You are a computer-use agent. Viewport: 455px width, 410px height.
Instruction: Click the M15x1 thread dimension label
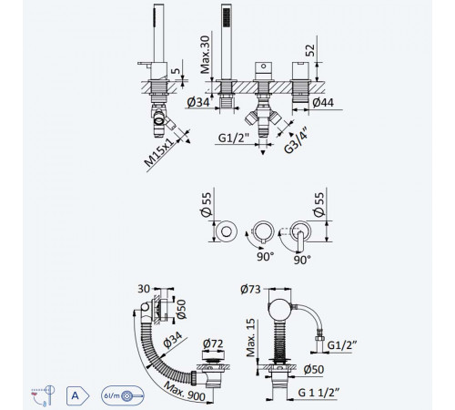pyautogui.click(x=159, y=152)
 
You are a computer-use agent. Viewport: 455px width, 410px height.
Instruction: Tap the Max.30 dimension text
pyautogui.click(x=205, y=55)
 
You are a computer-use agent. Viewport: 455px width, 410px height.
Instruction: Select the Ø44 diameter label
pyautogui.click(x=323, y=102)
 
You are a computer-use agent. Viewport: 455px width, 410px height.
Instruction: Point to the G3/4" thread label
pyautogui.click(x=296, y=141)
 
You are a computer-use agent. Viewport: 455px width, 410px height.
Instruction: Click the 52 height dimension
pyautogui.click(x=310, y=50)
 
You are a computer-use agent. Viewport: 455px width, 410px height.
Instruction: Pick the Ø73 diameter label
pyautogui.click(x=250, y=289)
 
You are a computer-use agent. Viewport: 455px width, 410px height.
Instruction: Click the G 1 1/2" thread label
pyautogui.click(x=318, y=393)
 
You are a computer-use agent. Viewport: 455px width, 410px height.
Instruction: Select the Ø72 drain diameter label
pyautogui.click(x=213, y=343)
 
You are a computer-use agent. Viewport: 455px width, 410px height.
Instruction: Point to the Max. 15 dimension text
pyautogui.click(x=251, y=337)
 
